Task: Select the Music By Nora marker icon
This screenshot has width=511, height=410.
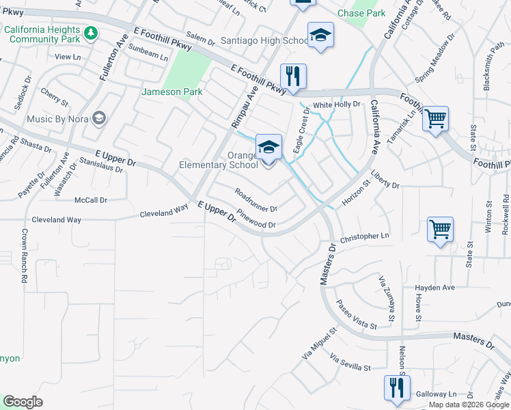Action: coord(99,119)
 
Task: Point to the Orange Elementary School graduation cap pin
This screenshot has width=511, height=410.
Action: coord(268,146)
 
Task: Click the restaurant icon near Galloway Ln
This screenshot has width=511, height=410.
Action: coord(397,387)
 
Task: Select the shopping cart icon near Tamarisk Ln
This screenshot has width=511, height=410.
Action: coord(435,120)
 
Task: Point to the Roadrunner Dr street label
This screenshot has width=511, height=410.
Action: coord(255,200)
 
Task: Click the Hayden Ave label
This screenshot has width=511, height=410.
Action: coord(434,288)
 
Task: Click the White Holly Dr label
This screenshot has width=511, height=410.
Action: coord(336,105)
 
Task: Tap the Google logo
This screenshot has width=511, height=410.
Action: coord(23,402)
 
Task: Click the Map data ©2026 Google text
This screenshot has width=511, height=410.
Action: coord(468,405)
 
